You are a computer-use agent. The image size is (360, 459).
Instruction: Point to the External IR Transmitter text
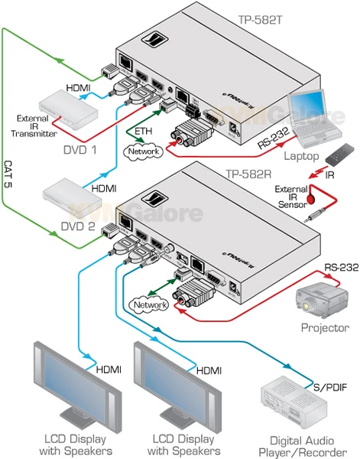(37, 125)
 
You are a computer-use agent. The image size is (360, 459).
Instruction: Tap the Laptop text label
(300, 155)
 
